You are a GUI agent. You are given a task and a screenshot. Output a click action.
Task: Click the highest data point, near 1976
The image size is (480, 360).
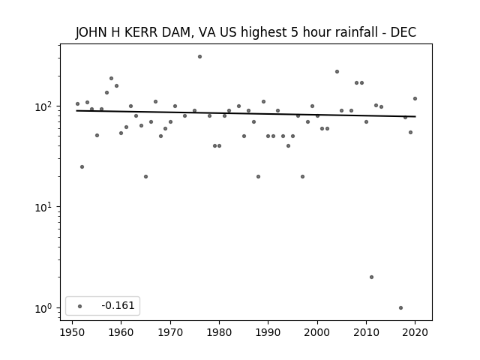[199, 57]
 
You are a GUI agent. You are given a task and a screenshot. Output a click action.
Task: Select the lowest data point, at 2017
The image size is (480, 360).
[400, 308]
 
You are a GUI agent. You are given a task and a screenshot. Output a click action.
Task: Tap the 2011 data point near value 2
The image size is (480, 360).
[371, 277]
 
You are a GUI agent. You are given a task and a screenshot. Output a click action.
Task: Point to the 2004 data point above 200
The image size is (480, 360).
[337, 72]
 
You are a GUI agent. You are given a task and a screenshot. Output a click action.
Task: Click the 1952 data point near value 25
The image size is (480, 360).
[82, 166]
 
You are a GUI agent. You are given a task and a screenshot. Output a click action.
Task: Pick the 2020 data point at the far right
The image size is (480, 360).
[415, 98]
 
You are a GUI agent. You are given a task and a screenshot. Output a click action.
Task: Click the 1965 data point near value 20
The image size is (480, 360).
[145, 177]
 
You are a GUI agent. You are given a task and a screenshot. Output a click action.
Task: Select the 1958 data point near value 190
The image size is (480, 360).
[112, 78]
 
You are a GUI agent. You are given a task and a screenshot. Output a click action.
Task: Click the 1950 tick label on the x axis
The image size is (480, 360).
[72, 333]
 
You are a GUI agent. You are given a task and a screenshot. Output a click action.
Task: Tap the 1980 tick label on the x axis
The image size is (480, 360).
[219, 333]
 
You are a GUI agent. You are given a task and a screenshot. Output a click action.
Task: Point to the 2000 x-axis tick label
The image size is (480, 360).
[317, 333]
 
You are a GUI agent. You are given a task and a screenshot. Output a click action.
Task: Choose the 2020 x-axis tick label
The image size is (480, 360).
[415, 333]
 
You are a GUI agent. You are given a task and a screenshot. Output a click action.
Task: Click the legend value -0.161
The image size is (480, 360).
[118, 305]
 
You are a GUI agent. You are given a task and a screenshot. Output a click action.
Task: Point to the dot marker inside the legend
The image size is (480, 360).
[80, 306]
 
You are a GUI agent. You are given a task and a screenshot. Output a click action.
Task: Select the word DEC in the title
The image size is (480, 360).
[403, 32]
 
